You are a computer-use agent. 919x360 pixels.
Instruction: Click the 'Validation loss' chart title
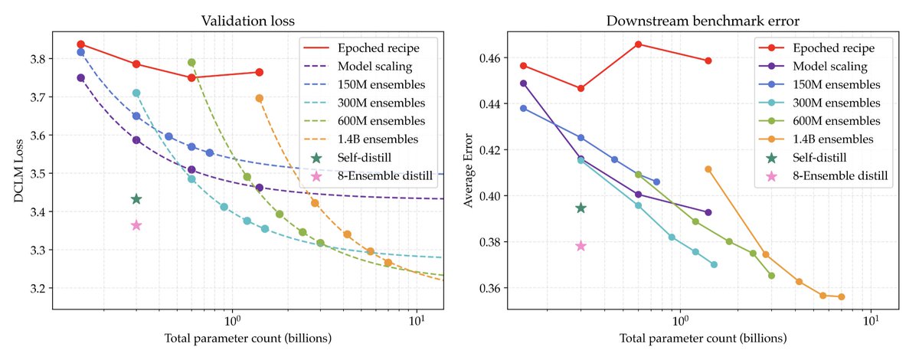click(x=247, y=21)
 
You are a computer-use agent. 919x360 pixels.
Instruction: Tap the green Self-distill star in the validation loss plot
click(x=136, y=199)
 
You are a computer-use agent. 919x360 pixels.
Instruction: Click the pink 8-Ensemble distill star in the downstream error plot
click(x=581, y=246)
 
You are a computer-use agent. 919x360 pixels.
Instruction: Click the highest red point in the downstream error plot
click(x=638, y=44)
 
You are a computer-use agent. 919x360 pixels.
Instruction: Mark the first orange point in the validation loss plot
click(x=260, y=98)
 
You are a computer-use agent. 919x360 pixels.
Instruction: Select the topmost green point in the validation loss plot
click(x=191, y=63)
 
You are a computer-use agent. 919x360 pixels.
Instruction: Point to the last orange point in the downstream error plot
click(x=841, y=296)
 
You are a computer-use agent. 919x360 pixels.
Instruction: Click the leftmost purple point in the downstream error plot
click(x=523, y=83)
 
